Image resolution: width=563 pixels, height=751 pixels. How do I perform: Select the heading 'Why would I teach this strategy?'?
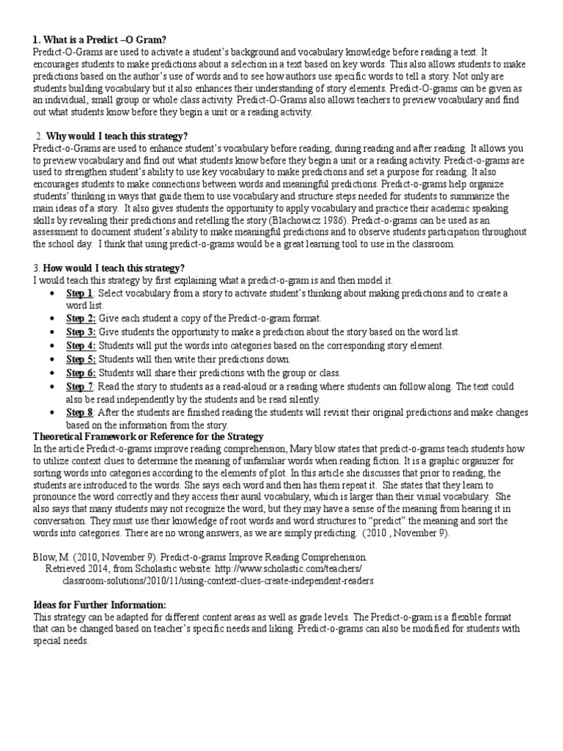117,136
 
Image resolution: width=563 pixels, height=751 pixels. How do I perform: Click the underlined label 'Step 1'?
79,293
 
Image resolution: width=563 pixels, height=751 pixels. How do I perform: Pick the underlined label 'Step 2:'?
81,319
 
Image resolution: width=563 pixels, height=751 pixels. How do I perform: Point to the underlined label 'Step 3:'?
81,332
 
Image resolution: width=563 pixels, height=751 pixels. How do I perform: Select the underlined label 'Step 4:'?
81,345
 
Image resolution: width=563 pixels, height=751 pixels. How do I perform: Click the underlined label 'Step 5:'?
81,359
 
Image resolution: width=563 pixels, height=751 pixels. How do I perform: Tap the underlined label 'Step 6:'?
81,373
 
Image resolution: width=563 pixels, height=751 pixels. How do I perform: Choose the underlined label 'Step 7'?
79,386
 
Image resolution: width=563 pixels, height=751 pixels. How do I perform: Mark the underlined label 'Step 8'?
79,412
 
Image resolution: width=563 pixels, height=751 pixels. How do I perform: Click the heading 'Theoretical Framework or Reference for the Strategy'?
149,437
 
